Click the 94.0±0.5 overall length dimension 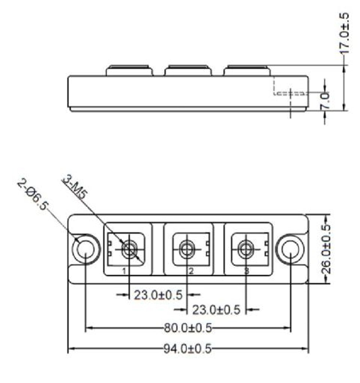point(187,348)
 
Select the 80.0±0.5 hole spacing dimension point(187,328)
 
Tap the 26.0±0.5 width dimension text point(326,249)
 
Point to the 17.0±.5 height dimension point(344,33)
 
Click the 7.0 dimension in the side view point(325,101)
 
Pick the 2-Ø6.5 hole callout point(32,195)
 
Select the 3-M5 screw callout point(75,188)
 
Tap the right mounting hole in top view point(290,249)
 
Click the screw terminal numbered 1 point(129,249)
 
